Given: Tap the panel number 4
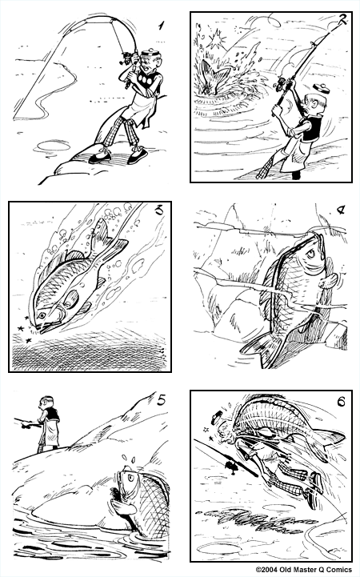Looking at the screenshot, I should click(x=340, y=212).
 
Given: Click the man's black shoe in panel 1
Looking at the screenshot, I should click(x=100, y=157).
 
